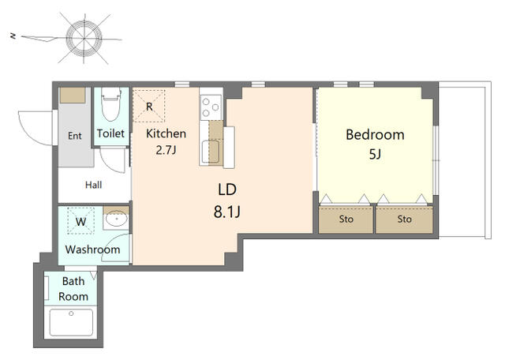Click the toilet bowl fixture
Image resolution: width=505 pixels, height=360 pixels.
111,103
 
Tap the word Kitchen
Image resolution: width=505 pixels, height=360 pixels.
166,133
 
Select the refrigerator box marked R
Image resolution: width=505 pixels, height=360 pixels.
149,106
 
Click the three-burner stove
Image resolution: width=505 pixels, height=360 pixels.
211,107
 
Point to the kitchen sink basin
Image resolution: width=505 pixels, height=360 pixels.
211,152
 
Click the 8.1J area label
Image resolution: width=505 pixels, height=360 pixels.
227,212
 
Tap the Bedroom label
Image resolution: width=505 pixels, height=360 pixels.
375,135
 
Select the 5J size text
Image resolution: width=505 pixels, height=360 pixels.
375,155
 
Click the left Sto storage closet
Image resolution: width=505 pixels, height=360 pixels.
346,219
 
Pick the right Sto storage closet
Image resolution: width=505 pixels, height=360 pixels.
405,219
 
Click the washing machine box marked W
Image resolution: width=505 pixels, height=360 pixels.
80,221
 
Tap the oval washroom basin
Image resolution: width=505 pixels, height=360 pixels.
116,219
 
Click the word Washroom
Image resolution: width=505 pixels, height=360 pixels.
92,249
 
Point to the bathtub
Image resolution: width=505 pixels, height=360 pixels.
71,322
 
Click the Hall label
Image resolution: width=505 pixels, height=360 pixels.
93,185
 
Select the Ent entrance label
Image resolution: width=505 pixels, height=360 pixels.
75,136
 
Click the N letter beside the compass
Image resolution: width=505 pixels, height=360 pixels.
13,36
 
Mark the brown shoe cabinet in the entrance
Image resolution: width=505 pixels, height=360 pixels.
73,96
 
